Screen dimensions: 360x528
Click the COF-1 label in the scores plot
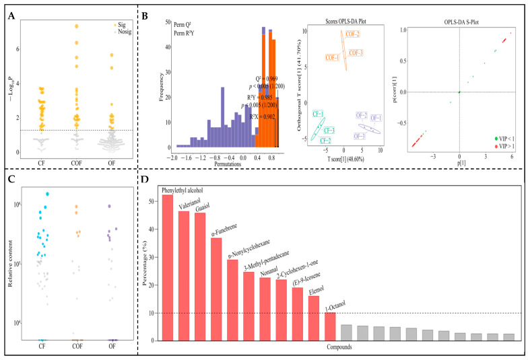tap(333, 59)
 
